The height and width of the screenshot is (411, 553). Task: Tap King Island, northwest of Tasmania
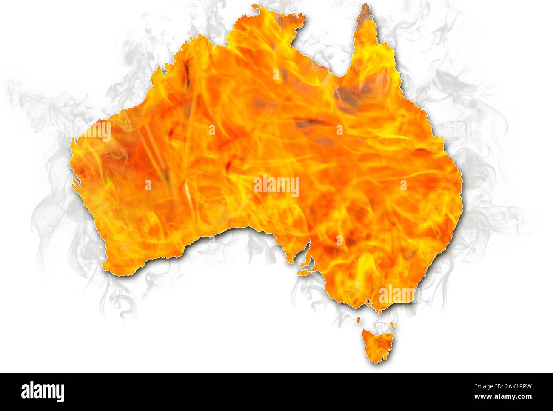[x=359, y=319]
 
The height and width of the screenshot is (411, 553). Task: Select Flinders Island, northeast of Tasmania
[x=392, y=325]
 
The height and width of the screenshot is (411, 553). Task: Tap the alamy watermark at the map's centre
[x=276, y=186]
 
